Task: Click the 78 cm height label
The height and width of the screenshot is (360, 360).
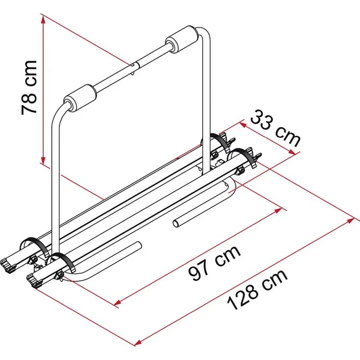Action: (29, 87)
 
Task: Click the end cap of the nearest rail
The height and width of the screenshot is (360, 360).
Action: (34, 280)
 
